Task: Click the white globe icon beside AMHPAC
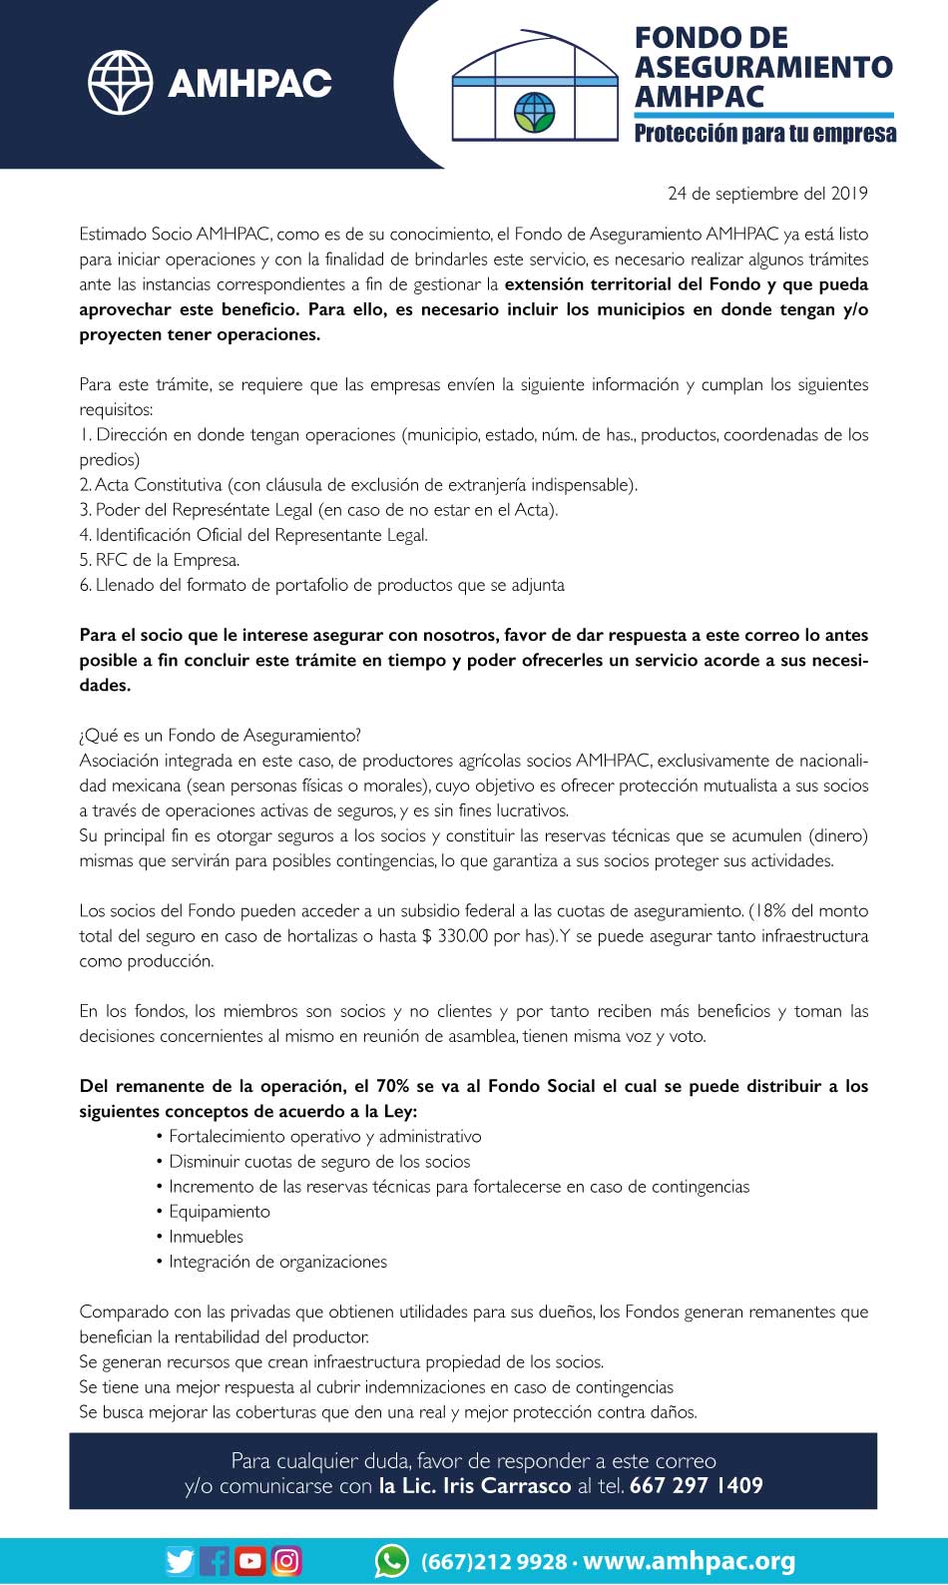[120, 82]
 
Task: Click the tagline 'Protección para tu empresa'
[764, 134]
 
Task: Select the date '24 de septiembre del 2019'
[767, 194]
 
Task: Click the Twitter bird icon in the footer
[180, 1560]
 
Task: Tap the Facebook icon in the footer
[215, 1560]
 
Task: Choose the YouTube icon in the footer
[250, 1560]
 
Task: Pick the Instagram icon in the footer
[286, 1560]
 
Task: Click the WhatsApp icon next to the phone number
[391, 1560]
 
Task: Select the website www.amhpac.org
[689, 1561]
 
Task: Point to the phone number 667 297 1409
[697, 1485]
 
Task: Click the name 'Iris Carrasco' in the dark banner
[507, 1485]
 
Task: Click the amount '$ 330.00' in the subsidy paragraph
[455, 936]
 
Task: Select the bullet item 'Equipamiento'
[219, 1212]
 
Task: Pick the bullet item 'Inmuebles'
[206, 1237]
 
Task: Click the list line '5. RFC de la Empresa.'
[160, 560]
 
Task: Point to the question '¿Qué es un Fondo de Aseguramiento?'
[220, 736]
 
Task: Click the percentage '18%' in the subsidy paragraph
[769, 910]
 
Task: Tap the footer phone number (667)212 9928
[494, 1561]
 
